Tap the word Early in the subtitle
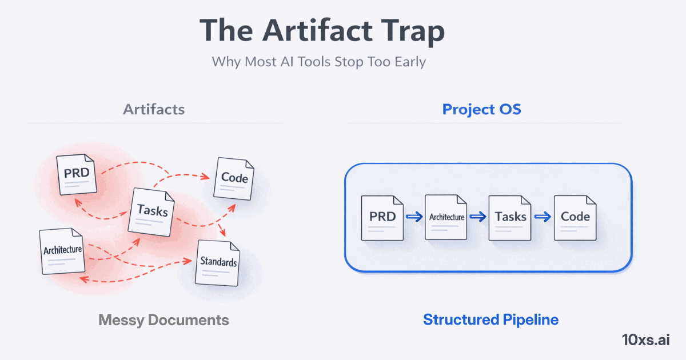(x=410, y=62)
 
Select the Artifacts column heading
(x=154, y=109)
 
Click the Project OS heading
(x=482, y=109)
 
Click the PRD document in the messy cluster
(x=77, y=174)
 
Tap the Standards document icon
(x=218, y=263)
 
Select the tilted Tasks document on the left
(x=151, y=212)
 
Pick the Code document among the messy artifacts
(x=234, y=178)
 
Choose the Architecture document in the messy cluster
(x=62, y=251)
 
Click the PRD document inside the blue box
(x=382, y=218)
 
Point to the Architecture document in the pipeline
(x=446, y=217)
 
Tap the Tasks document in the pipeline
(x=510, y=218)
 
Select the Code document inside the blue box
(x=575, y=218)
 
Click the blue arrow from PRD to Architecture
(x=414, y=217)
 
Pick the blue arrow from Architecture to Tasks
(x=478, y=217)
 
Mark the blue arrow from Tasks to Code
(x=543, y=217)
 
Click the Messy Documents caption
(x=163, y=320)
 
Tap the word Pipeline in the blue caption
(x=531, y=320)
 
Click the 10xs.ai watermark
(x=646, y=340)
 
